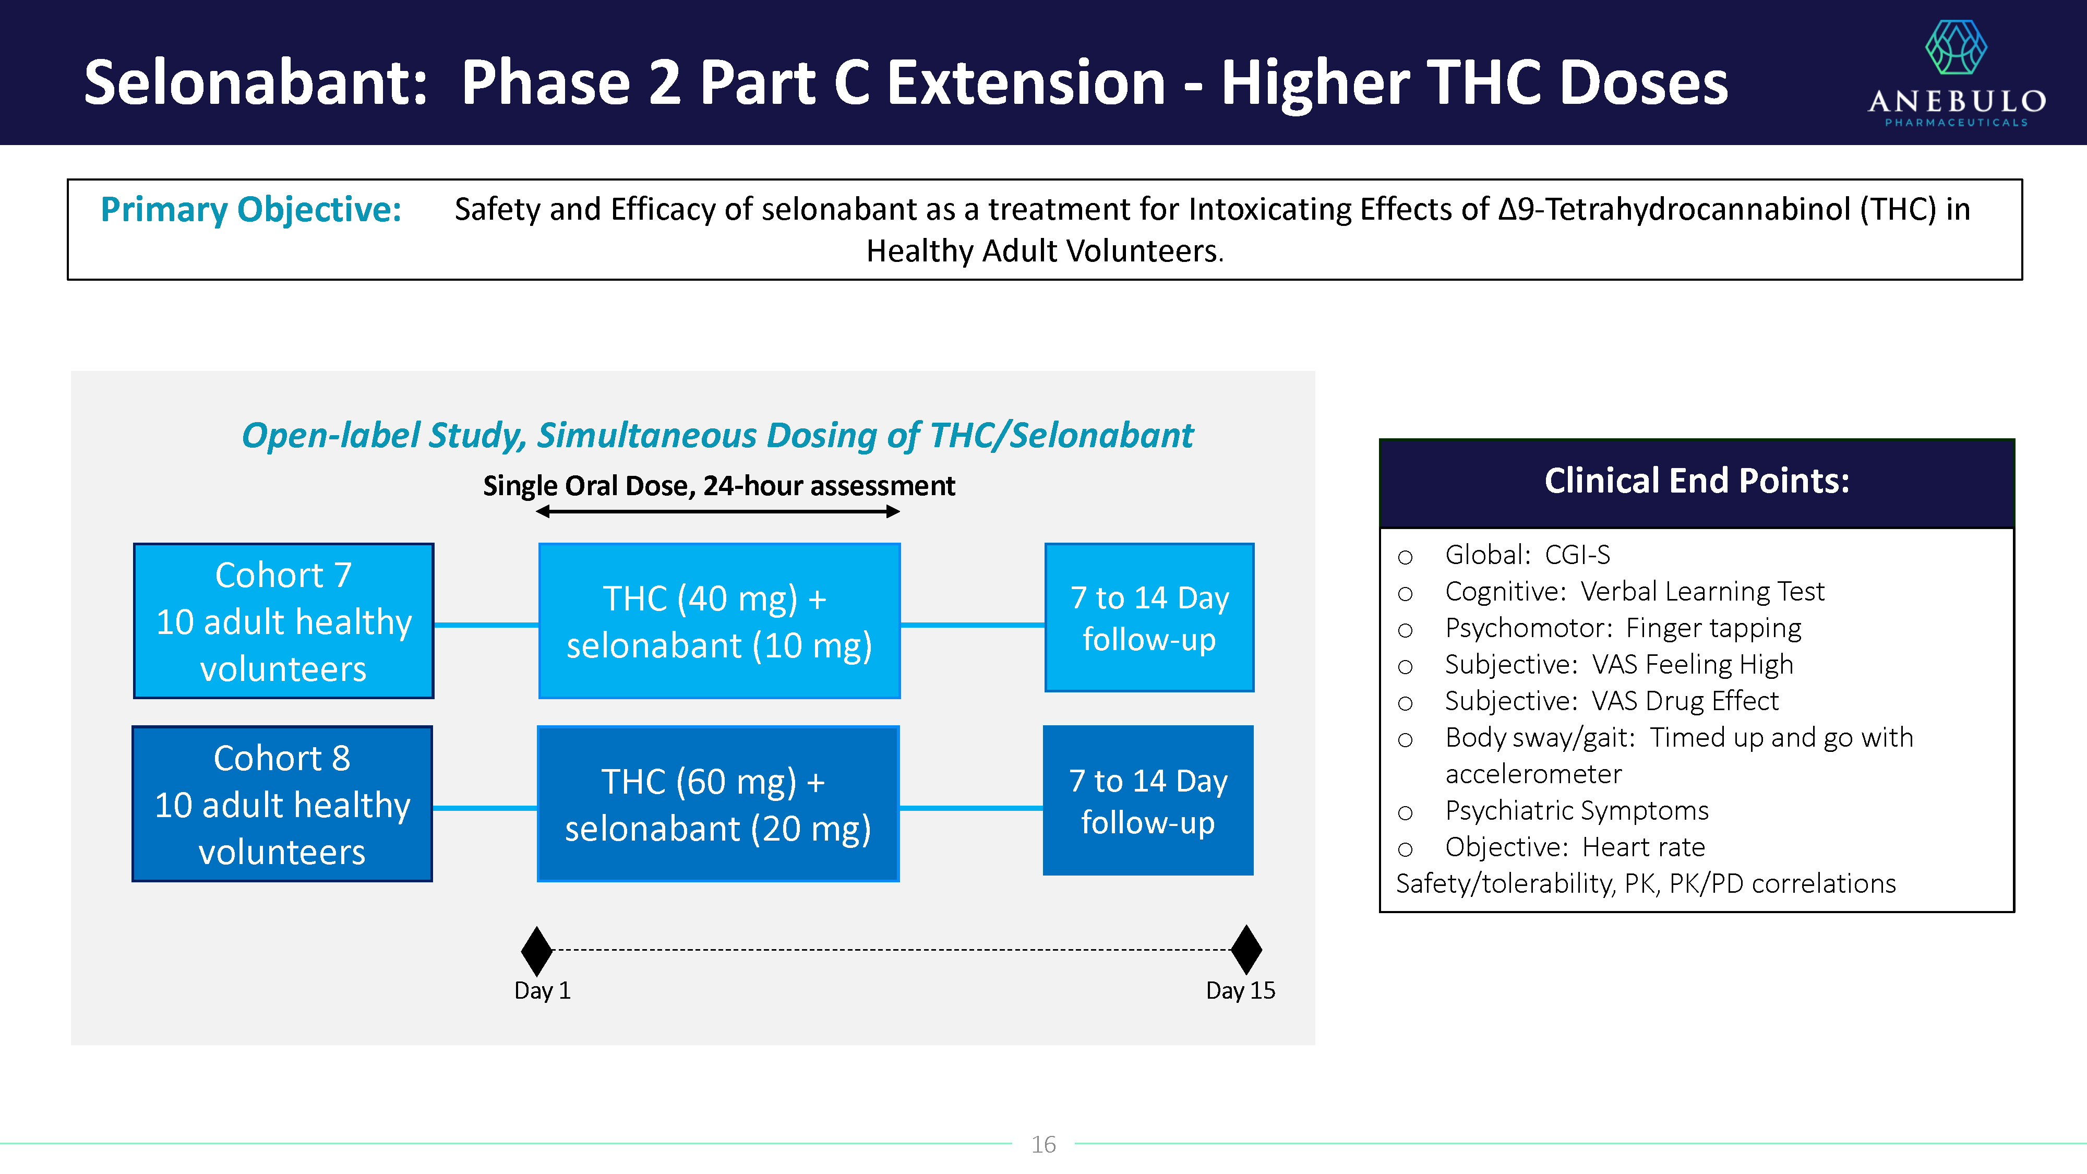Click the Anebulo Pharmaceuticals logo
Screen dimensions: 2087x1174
1957,73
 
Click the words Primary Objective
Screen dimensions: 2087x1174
251,210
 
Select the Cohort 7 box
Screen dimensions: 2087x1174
283,620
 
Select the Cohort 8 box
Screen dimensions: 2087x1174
282,804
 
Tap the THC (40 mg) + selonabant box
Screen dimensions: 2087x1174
719,620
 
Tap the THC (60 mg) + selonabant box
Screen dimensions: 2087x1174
718,804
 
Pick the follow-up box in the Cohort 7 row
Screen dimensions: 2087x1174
1149,617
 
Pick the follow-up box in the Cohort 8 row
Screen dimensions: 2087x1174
1148,800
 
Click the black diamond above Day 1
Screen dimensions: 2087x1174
536,950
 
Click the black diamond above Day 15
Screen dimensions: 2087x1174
1246,950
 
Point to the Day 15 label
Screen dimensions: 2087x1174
1240,990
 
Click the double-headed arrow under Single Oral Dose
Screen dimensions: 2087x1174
718,511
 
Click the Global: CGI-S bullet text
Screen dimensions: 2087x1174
1527,555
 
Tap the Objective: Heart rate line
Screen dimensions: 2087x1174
1575,847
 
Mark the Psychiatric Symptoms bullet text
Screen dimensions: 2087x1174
1577,811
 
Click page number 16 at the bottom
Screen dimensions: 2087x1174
1043,1144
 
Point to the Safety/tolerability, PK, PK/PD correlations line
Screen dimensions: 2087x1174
1646,884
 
